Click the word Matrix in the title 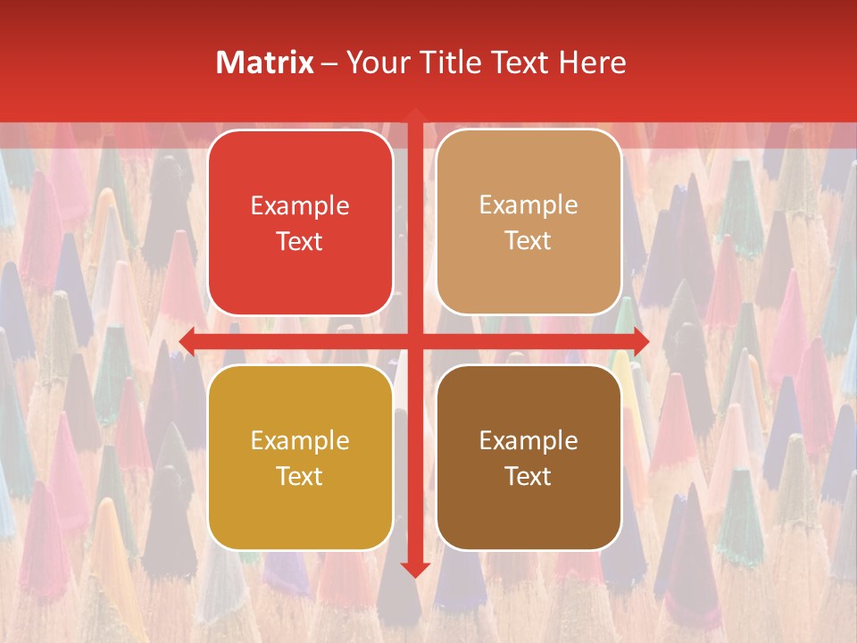(264, 63)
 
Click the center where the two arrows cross (414, 340)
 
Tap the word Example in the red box (300, 206)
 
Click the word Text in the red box (300, 241)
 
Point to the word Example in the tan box (528, 205)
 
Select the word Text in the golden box (300, 476)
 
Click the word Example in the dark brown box (528, 440)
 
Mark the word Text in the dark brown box (528, 476)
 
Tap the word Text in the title (520, 63)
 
